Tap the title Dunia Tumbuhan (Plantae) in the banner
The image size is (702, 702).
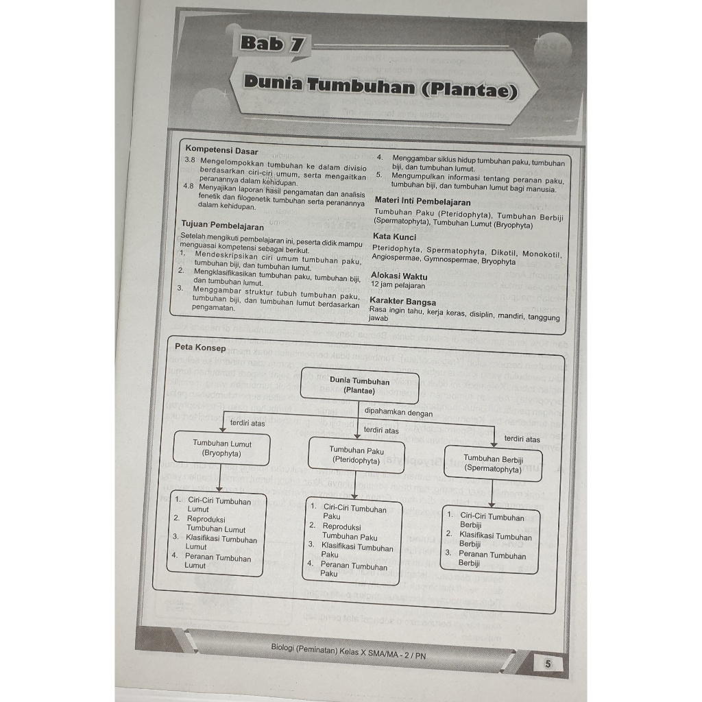click(x=380, y=88)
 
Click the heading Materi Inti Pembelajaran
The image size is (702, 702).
click(x=422, y=202)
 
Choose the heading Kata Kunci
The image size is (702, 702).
click(x=394, y=237)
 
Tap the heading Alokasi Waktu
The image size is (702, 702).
click(x=398, y=276)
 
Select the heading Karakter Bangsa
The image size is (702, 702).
click(x=402, y=301)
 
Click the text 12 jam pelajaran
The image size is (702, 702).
click(x=398, y=285)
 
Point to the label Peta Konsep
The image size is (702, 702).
click(x=200, y=348)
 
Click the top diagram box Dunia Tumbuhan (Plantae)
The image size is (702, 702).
click(x=360, y=386)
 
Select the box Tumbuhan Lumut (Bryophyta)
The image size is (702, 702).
click(x=221, y=448)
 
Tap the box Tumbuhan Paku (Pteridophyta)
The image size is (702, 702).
click(x=356, y=456)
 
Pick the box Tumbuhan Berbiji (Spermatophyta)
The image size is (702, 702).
click(x=493, y=463)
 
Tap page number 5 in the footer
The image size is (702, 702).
click(x=547, y=664)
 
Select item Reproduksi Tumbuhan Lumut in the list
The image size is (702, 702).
click(x=215, y=524)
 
